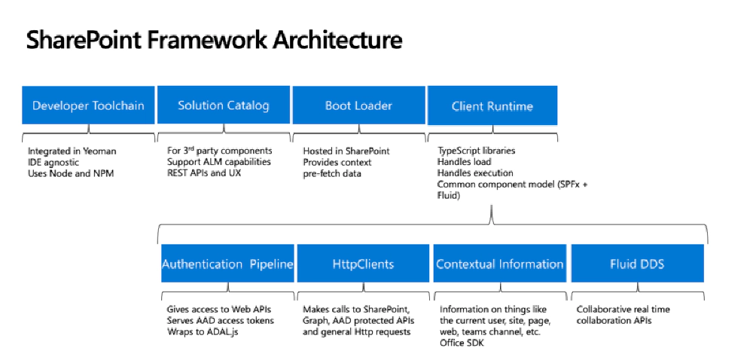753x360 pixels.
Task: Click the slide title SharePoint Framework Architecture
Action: pos(214,40)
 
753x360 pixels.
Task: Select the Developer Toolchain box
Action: pos(88,105)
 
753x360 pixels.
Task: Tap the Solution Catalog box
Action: pos(224,105)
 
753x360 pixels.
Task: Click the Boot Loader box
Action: pos(358,105)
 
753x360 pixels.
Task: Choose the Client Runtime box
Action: pos(492,105)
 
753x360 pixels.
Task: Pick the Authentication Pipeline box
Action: pos(227,264)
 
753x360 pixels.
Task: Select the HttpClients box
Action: pos(364,264)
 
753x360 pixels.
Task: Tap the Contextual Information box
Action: pos(500,264)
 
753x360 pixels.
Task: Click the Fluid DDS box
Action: pos(637,264)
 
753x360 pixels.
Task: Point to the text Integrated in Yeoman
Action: pos(72,151)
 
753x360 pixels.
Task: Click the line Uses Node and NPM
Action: pos(69,172)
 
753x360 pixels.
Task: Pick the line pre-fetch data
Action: pos(331,172)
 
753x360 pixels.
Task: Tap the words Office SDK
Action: pos(463,343)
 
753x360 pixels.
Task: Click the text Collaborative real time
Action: pos(623,310)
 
